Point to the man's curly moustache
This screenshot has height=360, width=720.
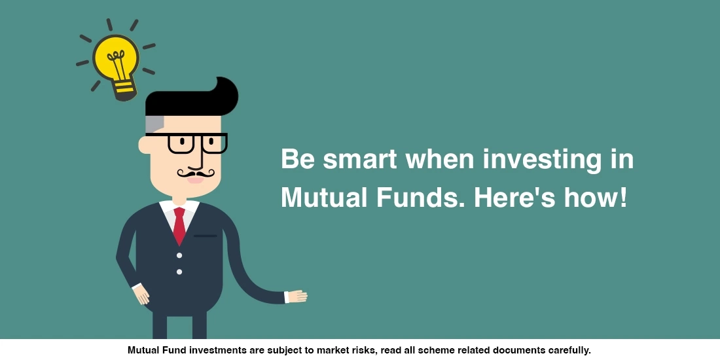tap(196, 173)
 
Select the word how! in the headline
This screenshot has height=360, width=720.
tap(595, 197)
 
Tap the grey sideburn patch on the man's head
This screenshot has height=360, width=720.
tap(153, 125)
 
